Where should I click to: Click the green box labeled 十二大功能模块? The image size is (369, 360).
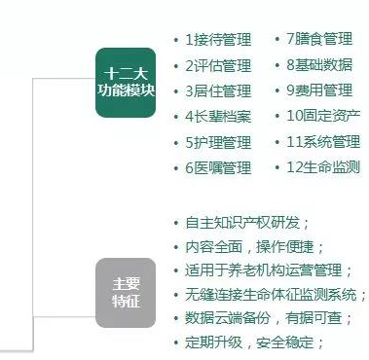(x=126, y=82)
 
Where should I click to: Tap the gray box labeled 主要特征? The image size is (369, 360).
(x=126, y=292)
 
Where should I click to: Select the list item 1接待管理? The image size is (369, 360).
(x=218, y=40)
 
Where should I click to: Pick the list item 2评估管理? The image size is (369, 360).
(x=218, y=66)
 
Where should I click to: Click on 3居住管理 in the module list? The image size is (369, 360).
(x=218, y=91)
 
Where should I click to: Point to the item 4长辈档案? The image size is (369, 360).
(x=218, y=117)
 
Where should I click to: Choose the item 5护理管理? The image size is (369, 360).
(x=218, y=142)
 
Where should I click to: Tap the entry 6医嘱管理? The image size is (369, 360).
(x=218, y=167)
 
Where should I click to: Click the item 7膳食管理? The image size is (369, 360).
(x=318, y=40)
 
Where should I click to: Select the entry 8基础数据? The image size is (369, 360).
(x=318, y=66)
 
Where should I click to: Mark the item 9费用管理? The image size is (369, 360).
(x=318, y=91)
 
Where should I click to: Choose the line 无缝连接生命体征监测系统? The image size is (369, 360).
(x=272, y=294)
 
